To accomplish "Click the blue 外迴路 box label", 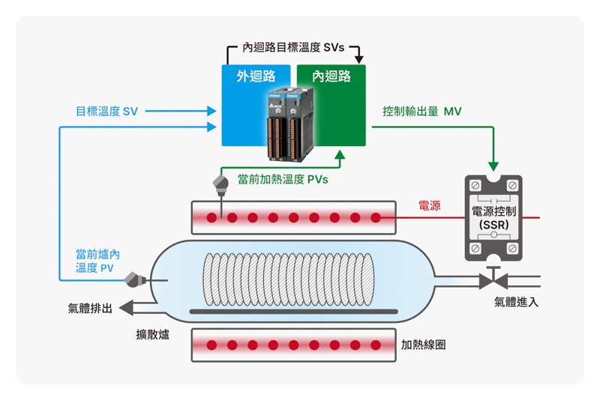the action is pyautogui.click(x=256, y=76).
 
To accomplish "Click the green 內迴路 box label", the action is pyautogui.click(x=331, y=76).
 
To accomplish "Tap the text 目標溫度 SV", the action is pyautogui.click(x=106, y=112).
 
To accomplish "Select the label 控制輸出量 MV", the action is pyautogui.click(x=422, y=112).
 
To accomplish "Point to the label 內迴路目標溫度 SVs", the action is pyautogui.click(x=293, y=48).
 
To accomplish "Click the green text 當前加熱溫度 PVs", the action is pyautogui.click(x=283, y=179).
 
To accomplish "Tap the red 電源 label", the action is pyautogui.click(x=429, y=206).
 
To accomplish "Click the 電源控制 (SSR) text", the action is pyautogui.click(x=493, y=218).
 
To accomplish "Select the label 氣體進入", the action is pyautogui.click(x=516, y=302).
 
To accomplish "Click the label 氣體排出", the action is pyautogui.click(x=90, y=309).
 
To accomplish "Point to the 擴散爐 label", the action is pyautogui.click(x=153, y=335).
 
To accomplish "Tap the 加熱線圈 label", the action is pyautogui.click(x=423, y=345).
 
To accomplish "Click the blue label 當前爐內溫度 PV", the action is pyautogui.click(x=97, y=261).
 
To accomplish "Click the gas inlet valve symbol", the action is pyautogui.click(x=493, y=279).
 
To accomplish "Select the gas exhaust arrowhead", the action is pyautogui.click(x=126, y=308).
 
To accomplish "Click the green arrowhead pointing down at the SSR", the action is pyautogui.click(x=493, y=166).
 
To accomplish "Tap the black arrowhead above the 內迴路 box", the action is pyautogui.click(x=358, y=59).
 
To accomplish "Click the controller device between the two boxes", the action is pyautogui.click(x=291, y=124).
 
